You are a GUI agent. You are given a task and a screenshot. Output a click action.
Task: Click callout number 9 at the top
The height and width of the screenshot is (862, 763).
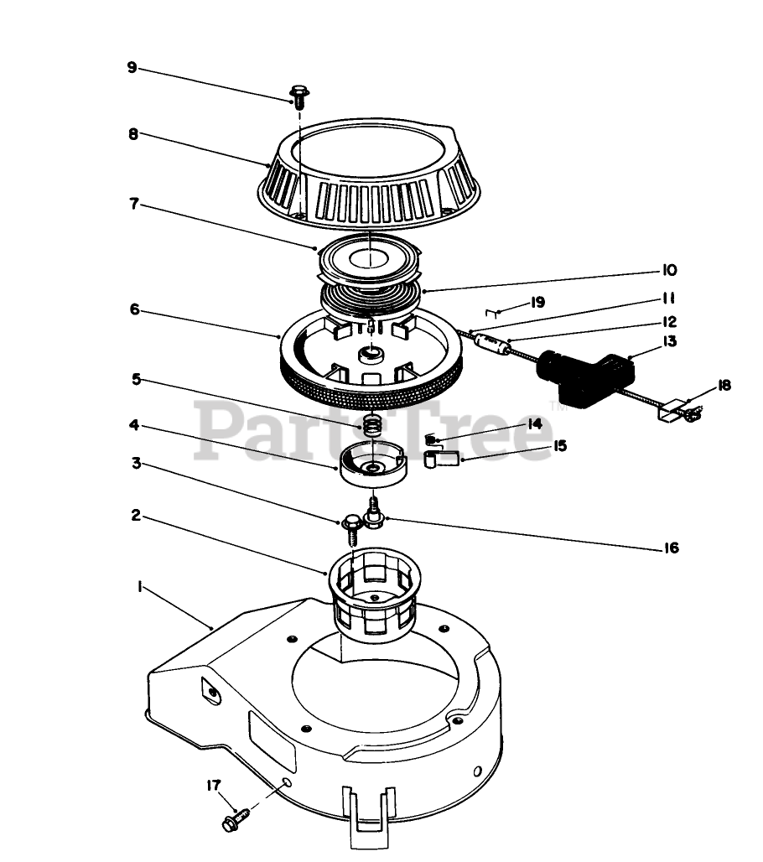pyautogui.click(x=132, y=68)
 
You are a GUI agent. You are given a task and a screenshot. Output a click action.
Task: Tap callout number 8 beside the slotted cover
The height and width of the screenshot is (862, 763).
pyautogui.click(x=132, y=133)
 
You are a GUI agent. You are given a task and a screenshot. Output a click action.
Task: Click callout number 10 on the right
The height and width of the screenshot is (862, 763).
pyautogui.click(x=669, y=271)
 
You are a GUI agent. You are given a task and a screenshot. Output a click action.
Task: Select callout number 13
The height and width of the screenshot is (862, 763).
pyautogui.click(x=669, y=341)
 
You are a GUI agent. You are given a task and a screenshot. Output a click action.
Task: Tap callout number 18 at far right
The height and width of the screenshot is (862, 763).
pyautogui.click(x=724, y=386)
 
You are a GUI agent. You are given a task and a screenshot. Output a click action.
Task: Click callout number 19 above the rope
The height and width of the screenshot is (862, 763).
pyautogui.click(x=537, y=303)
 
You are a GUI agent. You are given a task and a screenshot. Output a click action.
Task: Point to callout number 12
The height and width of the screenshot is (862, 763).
pyautogui.click(x=669, y=321)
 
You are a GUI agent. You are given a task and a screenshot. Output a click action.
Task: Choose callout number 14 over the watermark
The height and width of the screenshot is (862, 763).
pyautogui.click(x=534, y=424)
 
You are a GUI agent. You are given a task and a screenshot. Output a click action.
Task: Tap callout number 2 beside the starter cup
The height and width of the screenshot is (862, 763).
pyautogui.click(x=135, y=516)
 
